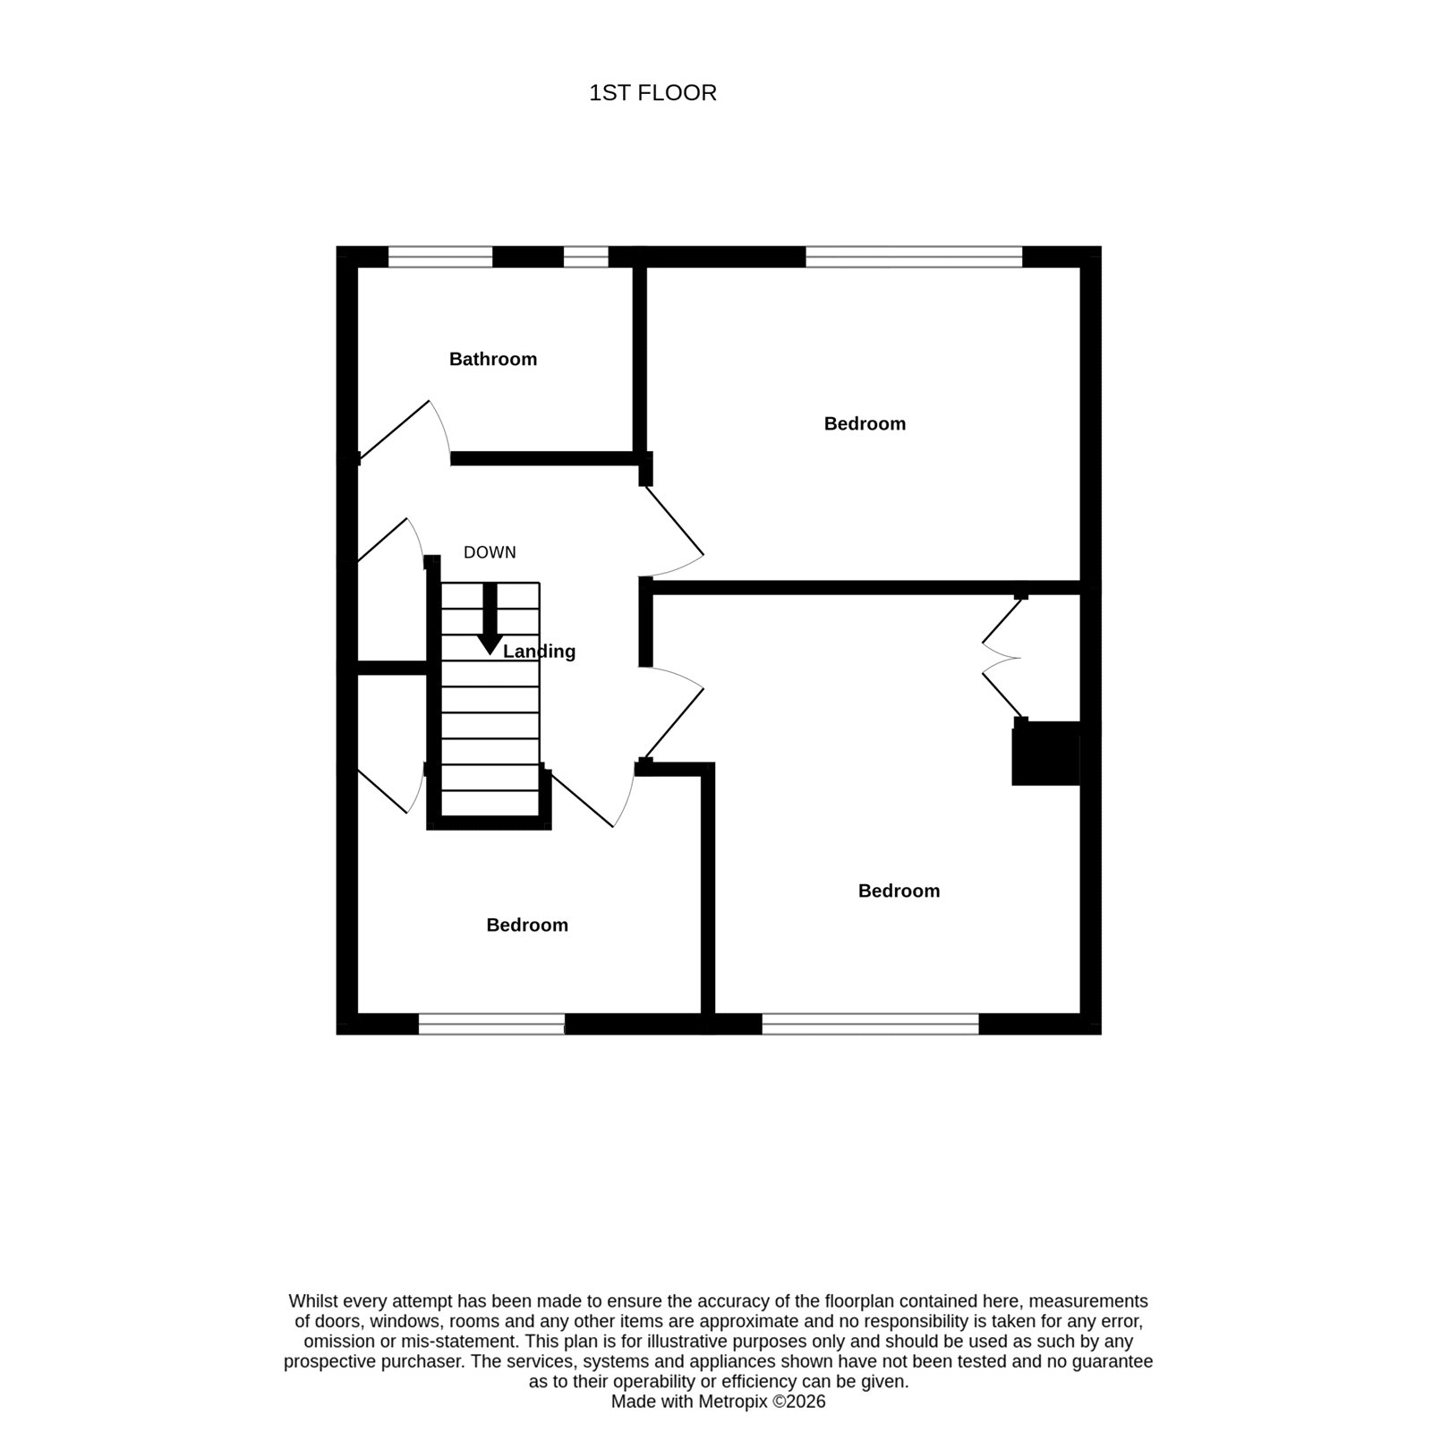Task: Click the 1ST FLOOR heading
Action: click(x=652, y=93)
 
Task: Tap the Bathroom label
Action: click(x=493, y=359)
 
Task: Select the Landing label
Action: click(x=539, y=652)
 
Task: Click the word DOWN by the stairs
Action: click(x=490, y=552)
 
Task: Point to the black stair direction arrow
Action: click(x=490, y=618)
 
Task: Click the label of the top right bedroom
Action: click(x=865, y=423)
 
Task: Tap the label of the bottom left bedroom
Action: click(x=527, y=925)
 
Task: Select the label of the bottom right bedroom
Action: click(x=899, y=891)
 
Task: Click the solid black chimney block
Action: click(x=1046, y=753)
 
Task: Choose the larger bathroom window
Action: click(x=440, y=257)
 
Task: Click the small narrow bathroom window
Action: click(x=585, y=257)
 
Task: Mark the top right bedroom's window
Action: click(x=914, y=257)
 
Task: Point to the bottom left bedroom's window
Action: click(x=491, y=1024)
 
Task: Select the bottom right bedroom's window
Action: click(x=870, y=1024)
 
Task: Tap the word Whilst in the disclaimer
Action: click(x=312, y=1301)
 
